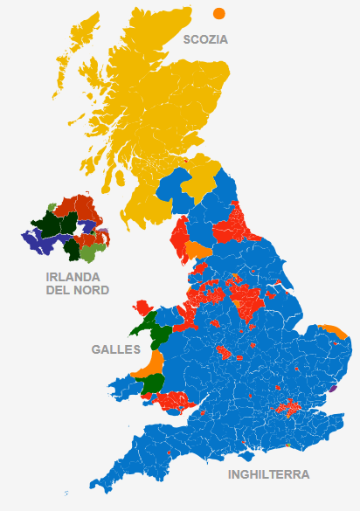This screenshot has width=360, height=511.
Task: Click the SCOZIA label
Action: [x=204, y=39]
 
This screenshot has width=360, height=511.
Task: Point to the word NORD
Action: [x=91, y=290]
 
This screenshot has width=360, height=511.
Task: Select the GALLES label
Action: [x=115, y=349]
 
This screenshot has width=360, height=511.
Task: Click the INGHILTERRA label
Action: [x=268, y=475]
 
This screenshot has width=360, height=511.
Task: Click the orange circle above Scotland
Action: [x=218, y=13]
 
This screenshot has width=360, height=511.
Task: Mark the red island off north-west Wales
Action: [x=142, y=307]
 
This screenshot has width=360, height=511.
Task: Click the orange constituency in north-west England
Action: [x=199, y=252]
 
